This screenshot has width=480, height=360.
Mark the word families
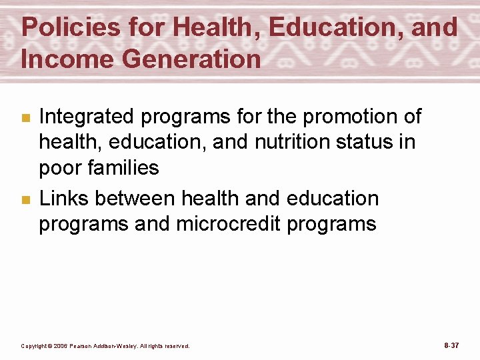pos(126,167)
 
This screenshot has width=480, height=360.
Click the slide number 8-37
pos(451,345)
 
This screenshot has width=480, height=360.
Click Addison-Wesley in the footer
pos(115,346)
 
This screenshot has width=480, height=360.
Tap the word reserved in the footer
pos(177,346)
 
